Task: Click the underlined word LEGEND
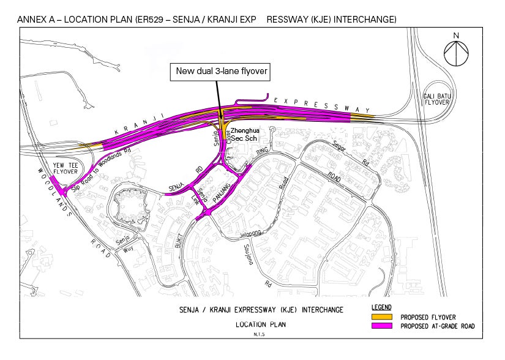point(381,307)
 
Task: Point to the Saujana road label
point(249,256)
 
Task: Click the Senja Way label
point(124,246)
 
